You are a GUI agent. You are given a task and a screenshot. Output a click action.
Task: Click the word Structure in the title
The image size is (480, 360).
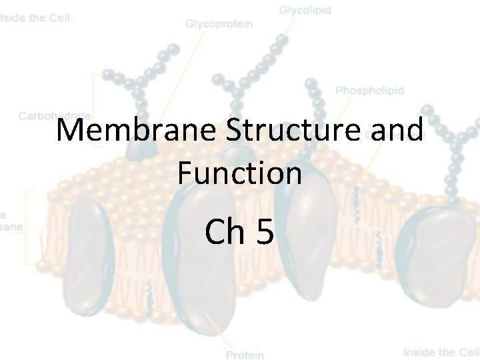coord(293,131)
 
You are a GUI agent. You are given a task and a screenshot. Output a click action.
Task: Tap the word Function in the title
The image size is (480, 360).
coord(239,173)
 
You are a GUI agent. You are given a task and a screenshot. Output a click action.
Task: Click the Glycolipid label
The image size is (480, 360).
coord(305,11)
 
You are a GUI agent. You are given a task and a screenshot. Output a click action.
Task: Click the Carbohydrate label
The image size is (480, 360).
coord(53,115)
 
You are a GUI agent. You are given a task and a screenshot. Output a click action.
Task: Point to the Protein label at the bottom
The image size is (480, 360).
coord(245,355)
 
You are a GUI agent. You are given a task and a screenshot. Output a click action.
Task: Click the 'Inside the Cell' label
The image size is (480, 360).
coord(440,352)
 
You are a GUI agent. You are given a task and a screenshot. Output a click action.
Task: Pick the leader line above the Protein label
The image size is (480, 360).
coord(223,333)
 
